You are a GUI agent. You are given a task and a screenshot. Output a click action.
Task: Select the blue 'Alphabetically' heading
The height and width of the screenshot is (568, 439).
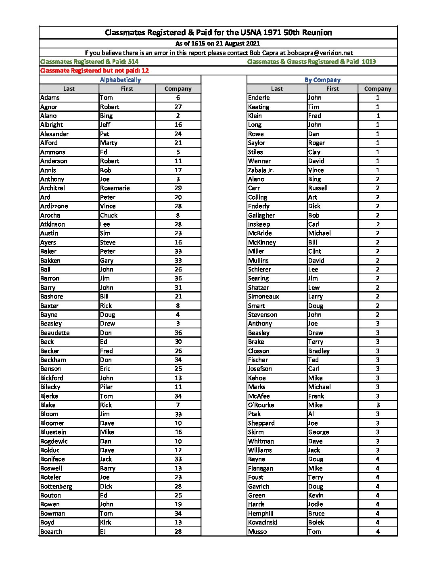pyautogui.click(x=120, y=80)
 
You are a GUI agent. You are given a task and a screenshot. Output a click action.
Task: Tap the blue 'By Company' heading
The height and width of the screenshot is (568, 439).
pyautogui.click(x=322, y=80)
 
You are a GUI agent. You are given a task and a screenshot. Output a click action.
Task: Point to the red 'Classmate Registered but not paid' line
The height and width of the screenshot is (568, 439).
pyautogui.click(x=94, y=71)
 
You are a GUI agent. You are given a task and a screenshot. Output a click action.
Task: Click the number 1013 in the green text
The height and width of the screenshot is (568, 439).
pyautogui.click(x=369, y=62)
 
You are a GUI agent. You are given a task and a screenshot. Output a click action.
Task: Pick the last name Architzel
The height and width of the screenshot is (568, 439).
pyautogui.click(x=52, y=188)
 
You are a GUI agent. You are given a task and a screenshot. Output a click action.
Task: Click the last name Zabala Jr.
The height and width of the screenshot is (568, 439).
pyautogui.click(x=261, y=170)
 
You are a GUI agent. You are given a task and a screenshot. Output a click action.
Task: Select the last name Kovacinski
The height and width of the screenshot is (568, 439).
pyautogui.click(x=263, y=522)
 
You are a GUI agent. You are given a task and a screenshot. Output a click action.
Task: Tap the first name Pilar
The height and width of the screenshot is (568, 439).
pyautogui.click(x=107, y=387)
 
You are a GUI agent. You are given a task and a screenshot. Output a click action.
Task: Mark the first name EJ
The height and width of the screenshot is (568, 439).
pyautogui.click(x=103, y=532)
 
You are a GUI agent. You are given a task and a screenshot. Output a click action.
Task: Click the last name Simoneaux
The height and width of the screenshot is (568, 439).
pyautogui.click(x=263, y=297)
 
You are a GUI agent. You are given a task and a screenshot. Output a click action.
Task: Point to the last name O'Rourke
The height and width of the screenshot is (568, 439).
pyautogui.click(x=261, y=405)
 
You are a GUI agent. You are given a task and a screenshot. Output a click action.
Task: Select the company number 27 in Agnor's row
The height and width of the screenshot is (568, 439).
pyautogui.click(x=178, y=107)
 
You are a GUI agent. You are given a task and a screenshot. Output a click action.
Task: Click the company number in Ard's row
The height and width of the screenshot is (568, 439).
pyautogui.click(x=178, y=197)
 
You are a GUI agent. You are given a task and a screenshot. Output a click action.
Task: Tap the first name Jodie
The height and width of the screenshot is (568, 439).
pyautogui.click(x=316, y=504)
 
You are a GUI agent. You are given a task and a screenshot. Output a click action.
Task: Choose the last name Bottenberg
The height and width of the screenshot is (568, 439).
pyautogui.click(x=56, y=487)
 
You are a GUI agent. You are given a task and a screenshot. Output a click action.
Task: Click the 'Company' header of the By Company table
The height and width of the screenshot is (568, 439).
pyautogui.click(x=378, y=89)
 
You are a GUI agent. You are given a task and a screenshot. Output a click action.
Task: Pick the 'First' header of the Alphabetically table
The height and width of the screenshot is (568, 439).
pyautogui.click(x=127, y=89)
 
